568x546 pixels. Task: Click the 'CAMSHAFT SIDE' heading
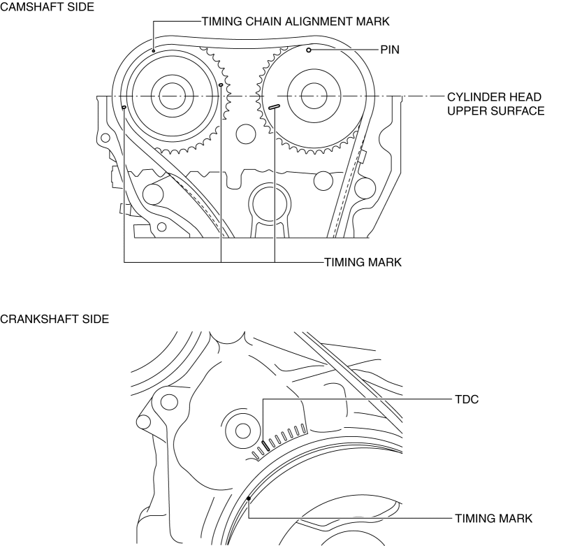coord(47,6)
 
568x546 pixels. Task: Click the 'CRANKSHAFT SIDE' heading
coord(54,319)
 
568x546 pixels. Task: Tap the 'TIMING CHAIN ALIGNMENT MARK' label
coord(296,22)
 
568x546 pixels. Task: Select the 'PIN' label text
coord(390,50)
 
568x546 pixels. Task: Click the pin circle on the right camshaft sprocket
coord(309,50)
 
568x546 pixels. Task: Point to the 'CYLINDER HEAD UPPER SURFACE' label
coord(495,103)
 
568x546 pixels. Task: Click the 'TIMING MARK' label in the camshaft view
coord(363,262)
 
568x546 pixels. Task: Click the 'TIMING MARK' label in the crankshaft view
coord(494,519)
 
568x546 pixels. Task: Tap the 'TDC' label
coord(467,399)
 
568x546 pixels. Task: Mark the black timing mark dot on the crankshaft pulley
coord(249,498)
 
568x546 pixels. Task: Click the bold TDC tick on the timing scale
coord(266,445)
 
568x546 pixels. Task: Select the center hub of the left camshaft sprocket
coord(172,96)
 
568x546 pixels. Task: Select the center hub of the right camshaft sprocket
coord(314,96)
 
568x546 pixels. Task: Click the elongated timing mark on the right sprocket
coord(274,106)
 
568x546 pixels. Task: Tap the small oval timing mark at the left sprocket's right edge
coord(221,85)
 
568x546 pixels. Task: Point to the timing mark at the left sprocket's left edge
coord(124,107)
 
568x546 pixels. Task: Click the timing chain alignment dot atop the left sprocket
coord(153,51)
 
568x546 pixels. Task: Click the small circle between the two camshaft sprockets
coord(246,134)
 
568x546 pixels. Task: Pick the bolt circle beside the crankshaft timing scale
coord(243,431)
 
